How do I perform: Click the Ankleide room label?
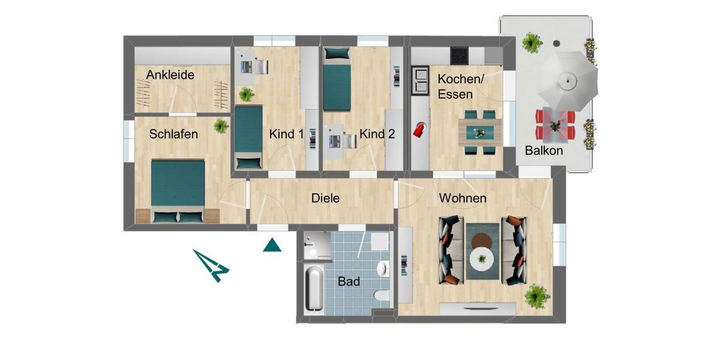click(170, 76)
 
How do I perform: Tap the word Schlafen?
click(174, 134)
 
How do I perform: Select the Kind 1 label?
click(286, 134)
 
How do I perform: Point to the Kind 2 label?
click(377, 134)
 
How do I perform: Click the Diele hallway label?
click(326, 198)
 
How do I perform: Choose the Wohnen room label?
click(463, 198)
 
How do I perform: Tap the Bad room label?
click(349, 281)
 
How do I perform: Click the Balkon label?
click(544, 151)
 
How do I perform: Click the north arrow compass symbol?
click(211, 265)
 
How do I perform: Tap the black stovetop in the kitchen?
click(460, 55)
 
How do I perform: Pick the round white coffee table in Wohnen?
click(482, 260)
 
